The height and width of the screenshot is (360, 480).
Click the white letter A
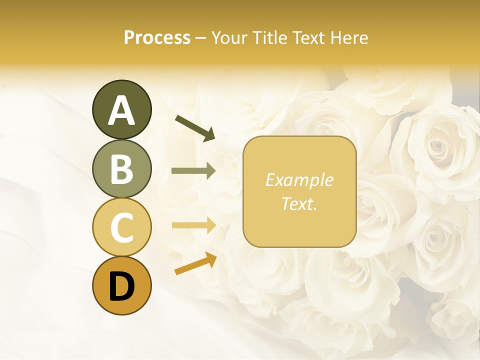coord(121,110)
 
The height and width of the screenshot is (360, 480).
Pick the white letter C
coord(121,227)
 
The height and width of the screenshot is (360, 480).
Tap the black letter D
coord(121,286)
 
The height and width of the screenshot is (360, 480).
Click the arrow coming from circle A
coord(195,127)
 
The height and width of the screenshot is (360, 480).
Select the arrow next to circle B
coord(193,171)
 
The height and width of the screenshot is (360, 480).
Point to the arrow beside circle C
coord(193,225)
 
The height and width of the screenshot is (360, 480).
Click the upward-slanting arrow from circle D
coord(195,264)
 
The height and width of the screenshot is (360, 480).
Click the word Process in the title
coord(157,38)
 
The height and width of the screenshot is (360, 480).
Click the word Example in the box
coord(299,180)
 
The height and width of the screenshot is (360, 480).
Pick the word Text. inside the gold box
coord(299,204)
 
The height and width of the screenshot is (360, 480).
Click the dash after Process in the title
coord(200,38)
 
